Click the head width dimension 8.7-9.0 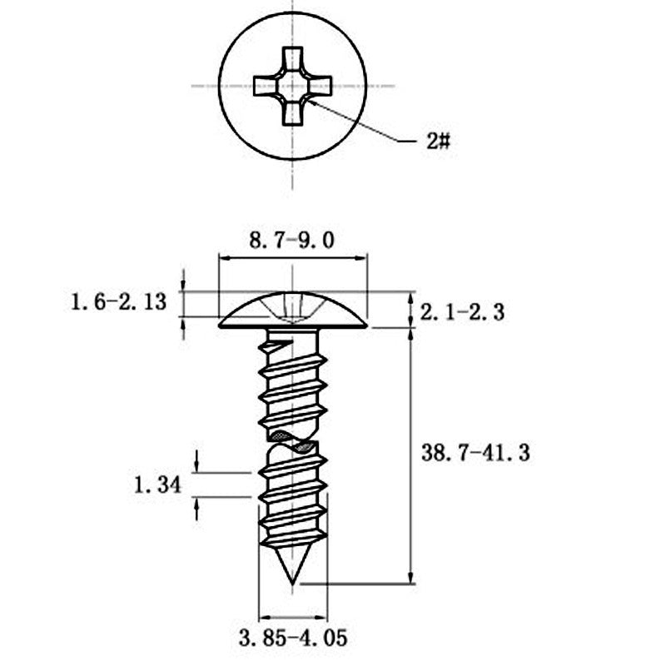pyautogui.click(x=291, y=241)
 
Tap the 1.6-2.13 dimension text pyautogui.click(x=118, y=302)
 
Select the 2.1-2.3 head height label pyautogui.click(x=462, y=312)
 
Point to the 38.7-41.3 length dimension pyautogui.click(x=475, y=453)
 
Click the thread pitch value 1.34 pyautogui.click(x=157, y=485)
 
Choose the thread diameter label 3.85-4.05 pyautogui.click(x=293, y=638)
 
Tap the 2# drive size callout pyautogui.click(x=438, y=141)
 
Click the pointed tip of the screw pyautogui.click(x=292, y=584)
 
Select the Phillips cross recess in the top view pyautogui.click(x=292, y=87)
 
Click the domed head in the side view pyautogui.click(x=293, y=310)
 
